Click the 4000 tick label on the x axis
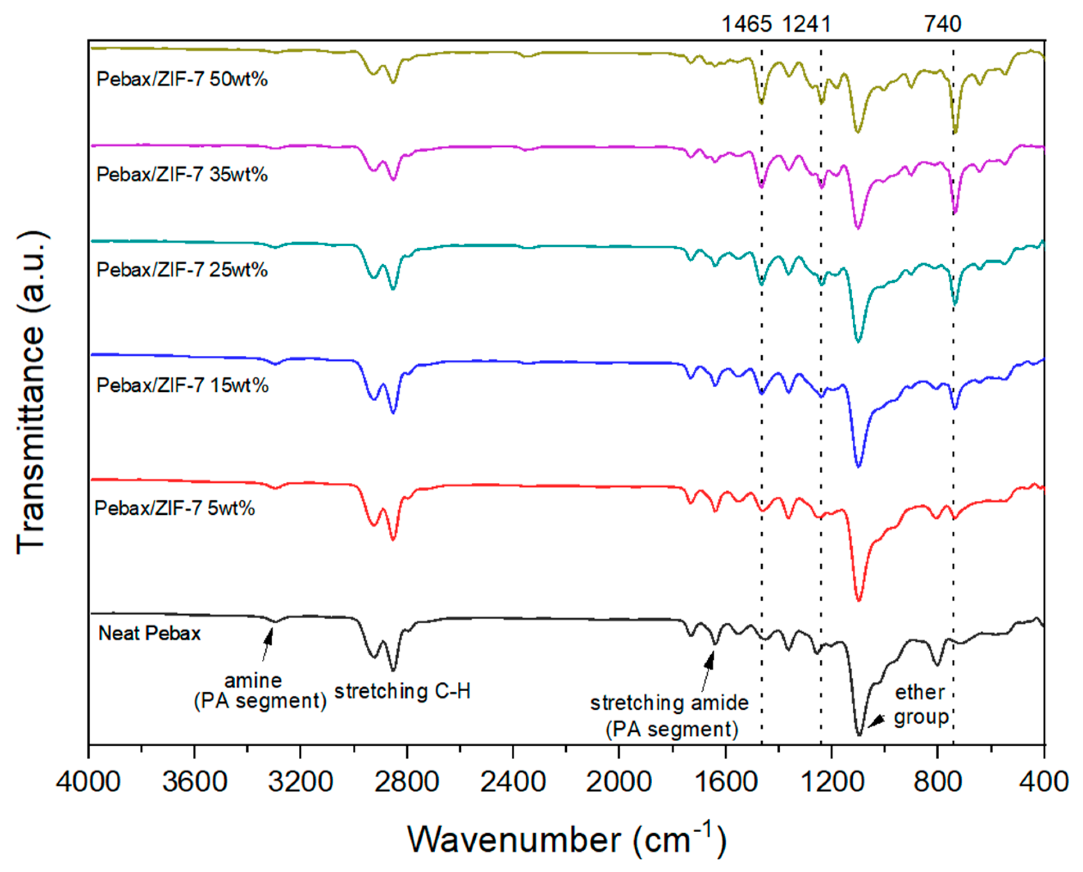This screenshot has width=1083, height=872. pos(89,781)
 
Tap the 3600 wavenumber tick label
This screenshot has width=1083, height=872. pos(194,781)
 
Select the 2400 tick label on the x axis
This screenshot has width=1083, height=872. pos(513,781)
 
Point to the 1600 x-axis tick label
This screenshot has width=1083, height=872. pos(725,781)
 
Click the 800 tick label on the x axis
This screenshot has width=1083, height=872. pos(937,781)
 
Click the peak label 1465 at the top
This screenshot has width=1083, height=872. pos(747,24)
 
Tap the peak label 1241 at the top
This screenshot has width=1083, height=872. pos(807,24)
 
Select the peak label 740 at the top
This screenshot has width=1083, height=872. pos(943,24)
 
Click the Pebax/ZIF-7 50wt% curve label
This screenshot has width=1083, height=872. pos(182,79)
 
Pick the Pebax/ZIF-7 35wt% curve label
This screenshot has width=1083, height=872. pos(182,174)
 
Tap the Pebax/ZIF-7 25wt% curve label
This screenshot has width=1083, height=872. pos(182,270)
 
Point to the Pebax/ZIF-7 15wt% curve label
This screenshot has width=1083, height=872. pos(182,385)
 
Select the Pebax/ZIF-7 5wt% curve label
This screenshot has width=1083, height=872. pos(175,509)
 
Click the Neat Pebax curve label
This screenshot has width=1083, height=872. pos(150,633)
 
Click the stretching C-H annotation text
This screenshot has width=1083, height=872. pos(402,691)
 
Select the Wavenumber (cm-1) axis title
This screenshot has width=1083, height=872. pos(567,839)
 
